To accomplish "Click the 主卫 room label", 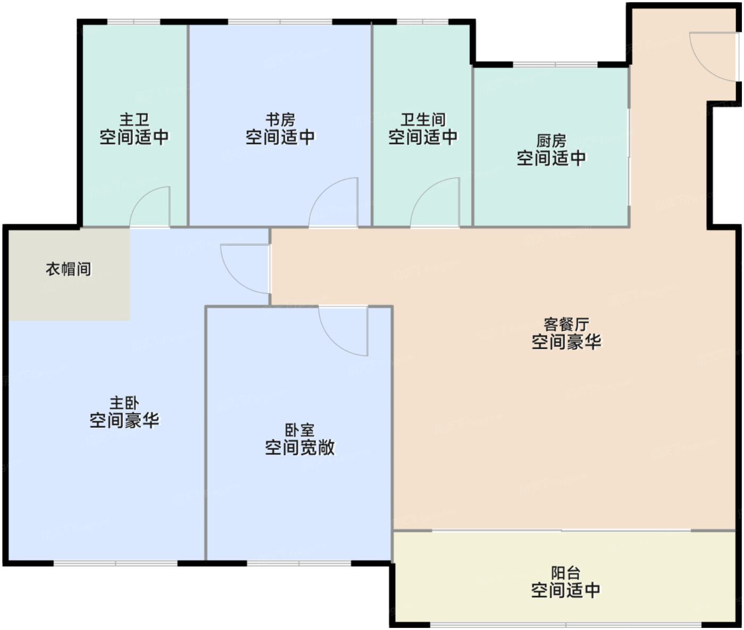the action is (x=134, y=120).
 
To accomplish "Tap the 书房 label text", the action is (x=281, y=120).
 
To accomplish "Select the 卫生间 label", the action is (x=423, y=120).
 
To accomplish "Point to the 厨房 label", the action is (x=551, y=141).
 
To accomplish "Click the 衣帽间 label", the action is (x=69, y=269).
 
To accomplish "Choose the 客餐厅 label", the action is (x=566, y=324).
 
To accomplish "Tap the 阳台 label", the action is (x=565, y=573).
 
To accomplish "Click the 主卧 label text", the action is (x=124, y=403).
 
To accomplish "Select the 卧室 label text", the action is (x=300, y=430).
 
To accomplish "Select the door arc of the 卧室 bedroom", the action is (x=333, y=342).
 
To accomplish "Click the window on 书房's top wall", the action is (x=280, y=22).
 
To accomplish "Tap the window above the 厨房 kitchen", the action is (x=555, y=65).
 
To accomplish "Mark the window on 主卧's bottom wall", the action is (x=115, y=563).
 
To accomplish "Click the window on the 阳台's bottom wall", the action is (x=566, y=625).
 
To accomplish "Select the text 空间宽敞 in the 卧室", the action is (x=300, y=448).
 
